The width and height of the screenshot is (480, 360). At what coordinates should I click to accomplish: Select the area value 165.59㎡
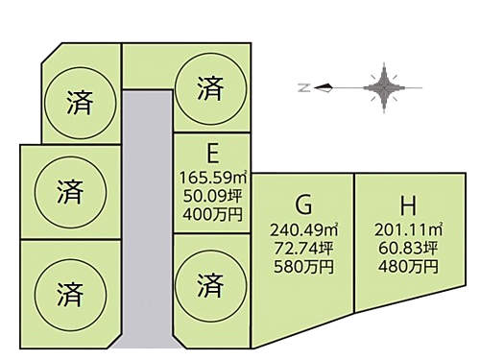pyautogui.click(x=211, y=177)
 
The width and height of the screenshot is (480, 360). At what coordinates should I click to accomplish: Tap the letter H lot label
pyautogui.click(x=408, y=206)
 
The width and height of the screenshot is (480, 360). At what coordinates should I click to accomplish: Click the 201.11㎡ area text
pyautogui.click(x=408, y=229)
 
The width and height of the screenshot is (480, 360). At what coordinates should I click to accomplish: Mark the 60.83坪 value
pyautogui.click(x=408, y=246)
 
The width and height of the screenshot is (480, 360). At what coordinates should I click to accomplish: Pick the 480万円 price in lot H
pyautogui.click(x=408, y=262)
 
